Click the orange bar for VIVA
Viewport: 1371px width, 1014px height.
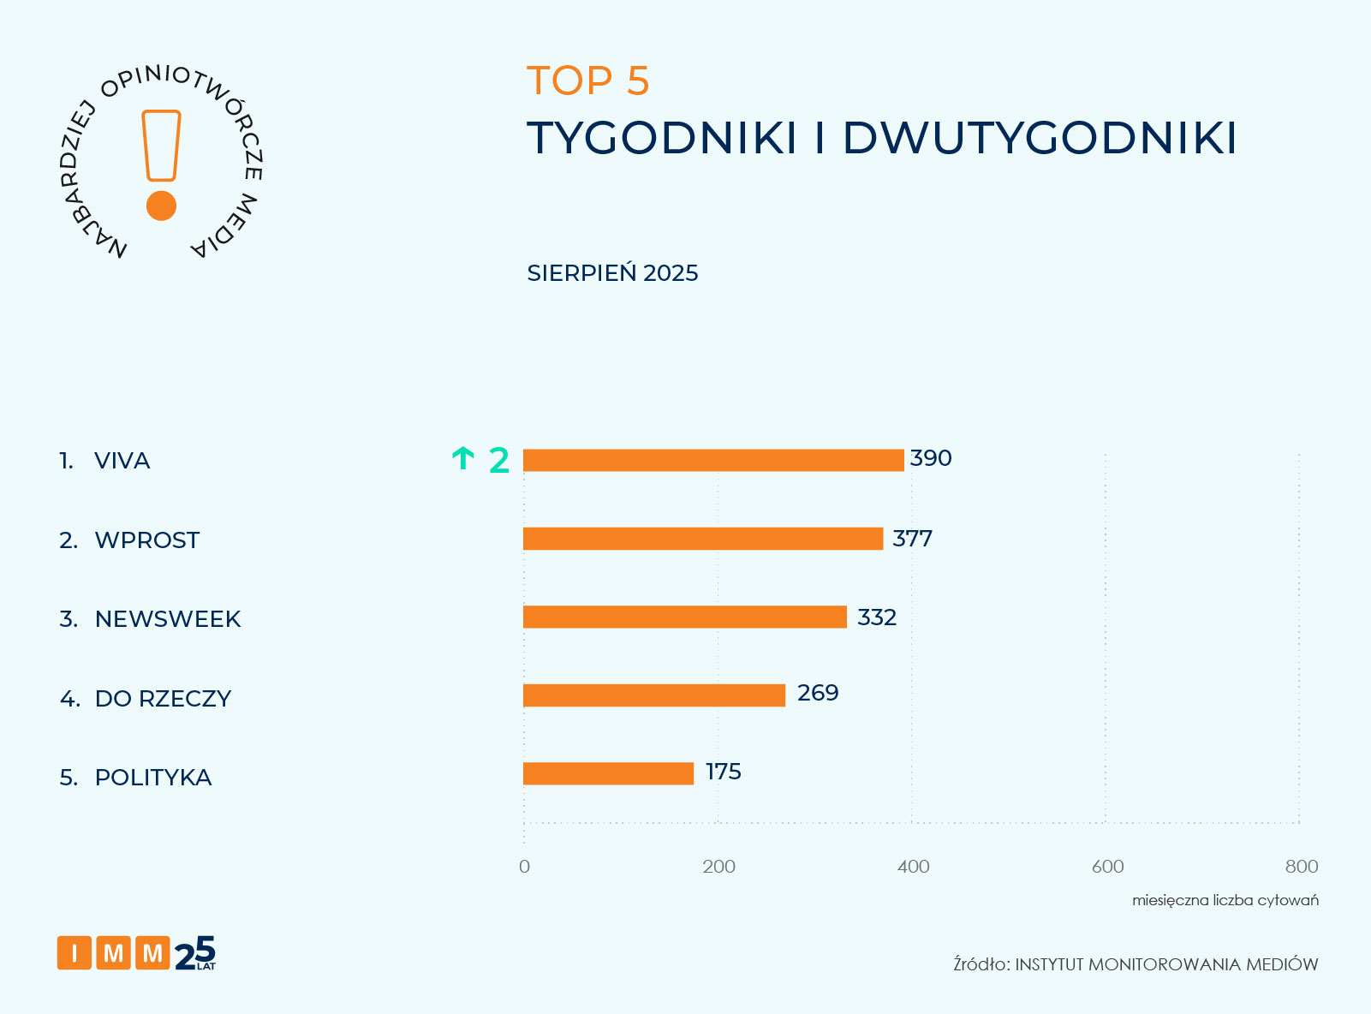pyautogui.click(x=713, y=460)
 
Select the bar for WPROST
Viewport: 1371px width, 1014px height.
pyautogui.click(x=702, y=539)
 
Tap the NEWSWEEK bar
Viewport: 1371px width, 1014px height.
pyautogui.click(x=684, y=617)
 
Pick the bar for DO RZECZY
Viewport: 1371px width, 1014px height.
pyautogui.click(x=653, y=695)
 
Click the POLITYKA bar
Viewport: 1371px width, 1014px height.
pyautogui.click(x=608, y=773)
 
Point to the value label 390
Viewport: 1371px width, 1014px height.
pyautogui.click(x=931, y=458)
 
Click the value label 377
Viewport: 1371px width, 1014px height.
pyautogui.click(x=912, y=539)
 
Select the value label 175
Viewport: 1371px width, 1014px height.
pyautogui.click(x=723, y=772)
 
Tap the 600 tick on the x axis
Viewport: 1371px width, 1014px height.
pyautogui.click(x=1107, y=867)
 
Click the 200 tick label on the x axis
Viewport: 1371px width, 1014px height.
pyautogui.click(x=718, y=867)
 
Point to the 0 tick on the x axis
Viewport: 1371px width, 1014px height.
pyautogui.click(x=524, y=867)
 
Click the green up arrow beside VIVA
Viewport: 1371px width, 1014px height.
pyautogui.click(x=462, y=459)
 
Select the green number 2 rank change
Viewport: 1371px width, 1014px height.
pyautogui.click(x=498, y=461)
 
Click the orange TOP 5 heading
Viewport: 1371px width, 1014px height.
pyautogui.click(x=588, y=81)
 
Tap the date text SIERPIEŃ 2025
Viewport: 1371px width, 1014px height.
pyautogui.click(x=612, y=273)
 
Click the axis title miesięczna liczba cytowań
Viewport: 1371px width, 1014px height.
pyautogui.click(x=1225, y=900)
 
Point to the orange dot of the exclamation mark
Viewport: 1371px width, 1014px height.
pyautogui.click(x=161, y=206)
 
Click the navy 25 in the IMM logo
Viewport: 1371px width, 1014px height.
pyautogui.click(x=195, y=953)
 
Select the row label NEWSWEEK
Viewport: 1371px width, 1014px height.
pyautogui.click(x=167, y=619)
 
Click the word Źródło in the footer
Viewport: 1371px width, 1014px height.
pyautogui.click(x=981, y=964)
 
